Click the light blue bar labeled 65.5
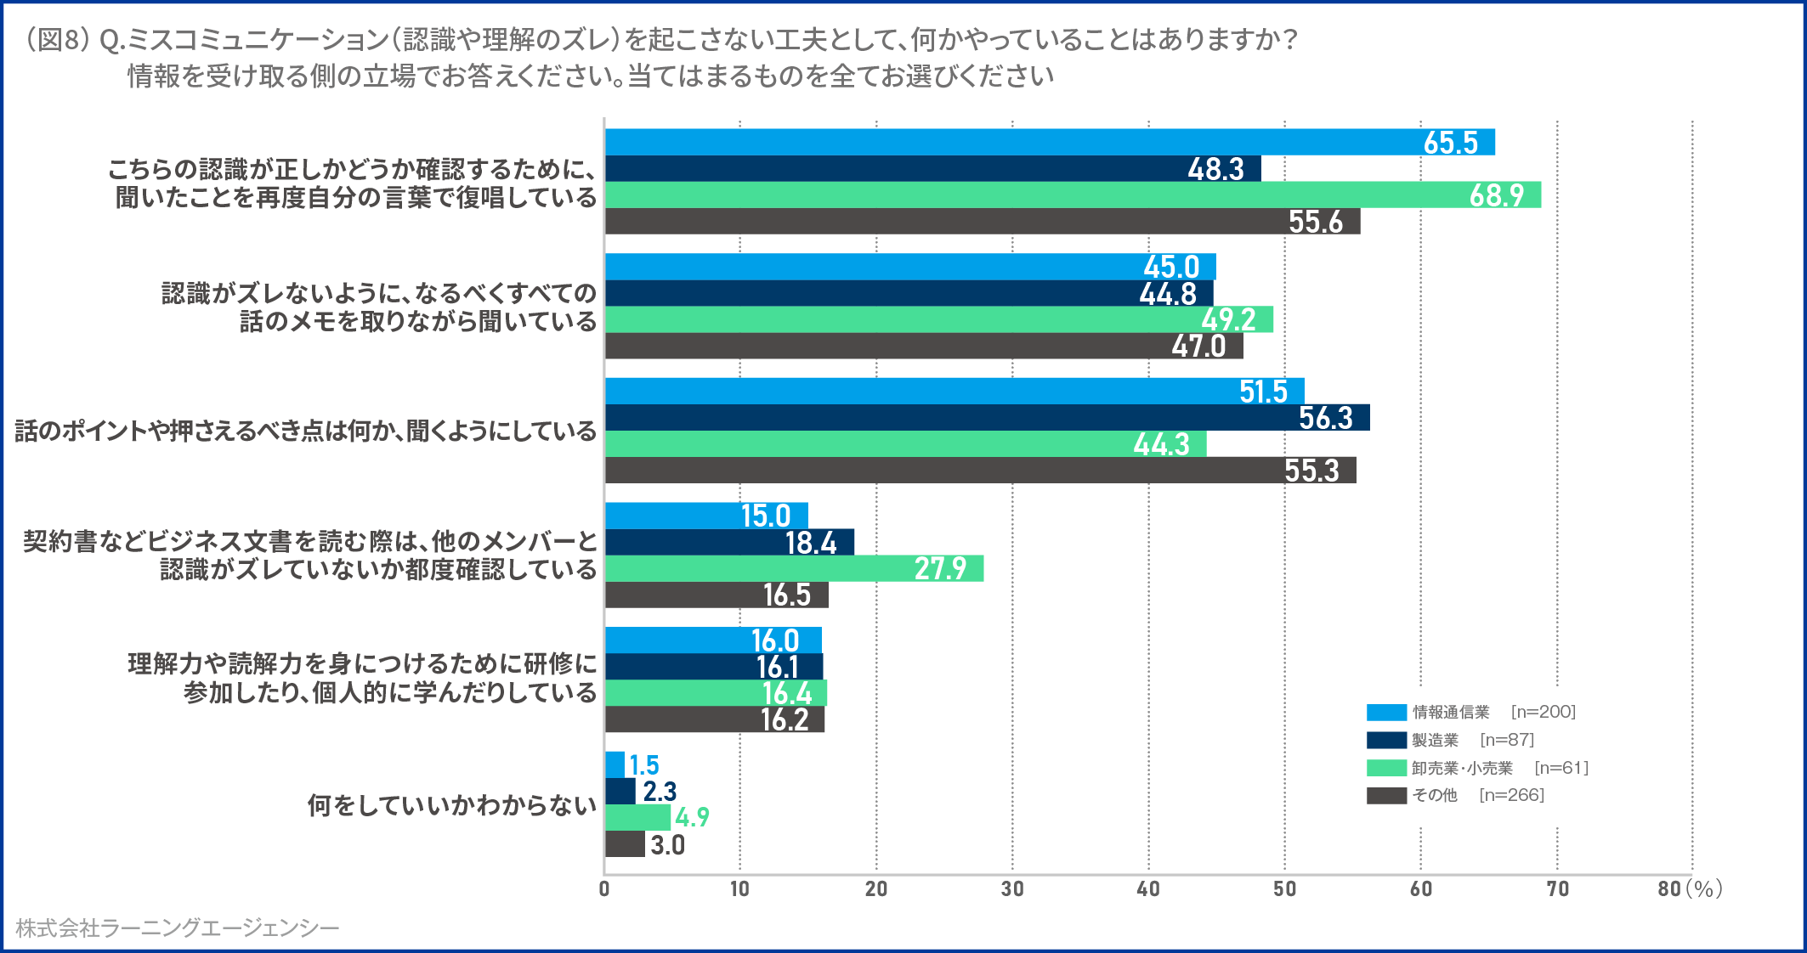pos(1050,142)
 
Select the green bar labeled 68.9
pos(1073,195)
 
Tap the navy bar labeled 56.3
pos(987,417)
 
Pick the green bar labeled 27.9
pos(794,568)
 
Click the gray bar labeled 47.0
pos(924,346)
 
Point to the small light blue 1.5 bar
pos(615,764)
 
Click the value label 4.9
pos(692,817)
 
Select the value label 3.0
pos(667,844)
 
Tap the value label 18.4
pos(811,542)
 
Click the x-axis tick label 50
pos(1284,889)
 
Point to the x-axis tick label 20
pos(876,889)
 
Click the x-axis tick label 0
pos(604,889)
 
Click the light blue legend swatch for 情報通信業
pos(1386,712)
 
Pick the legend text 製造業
pos(1435,740)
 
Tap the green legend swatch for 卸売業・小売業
pos(1386,768)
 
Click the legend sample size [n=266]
pos(1511,795)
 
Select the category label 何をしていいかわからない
pos(451,804)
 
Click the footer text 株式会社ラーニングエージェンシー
pos(177,928)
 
